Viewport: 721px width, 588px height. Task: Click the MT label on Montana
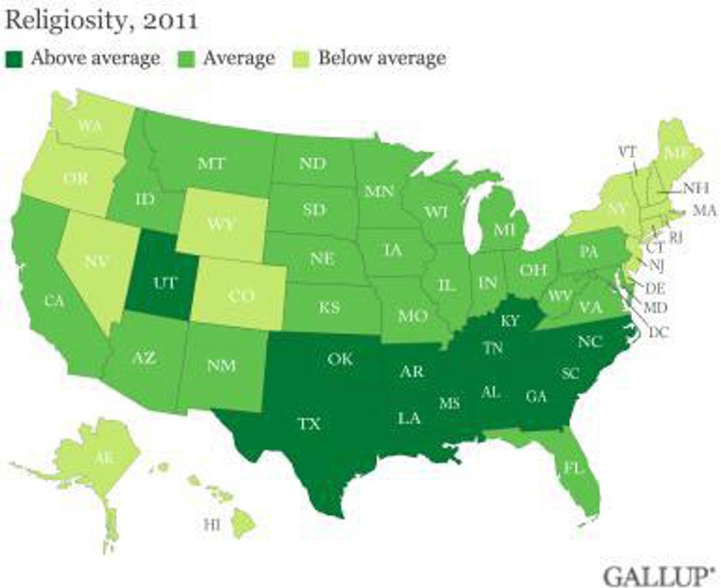(211, 163)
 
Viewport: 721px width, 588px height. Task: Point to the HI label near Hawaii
(211, 524)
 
